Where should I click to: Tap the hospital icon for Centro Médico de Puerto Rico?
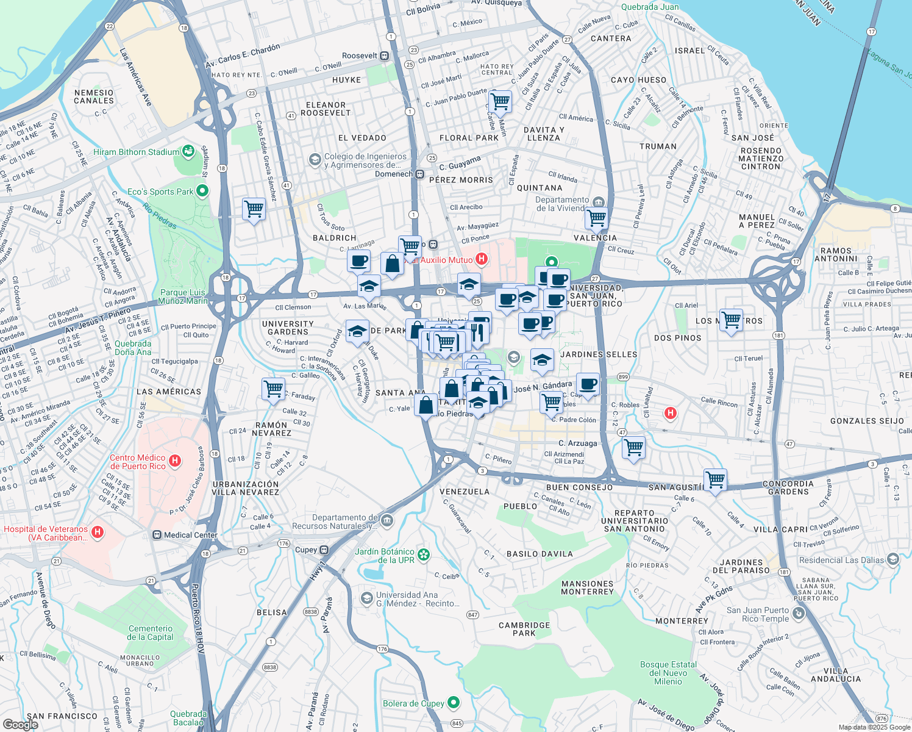point(175,461)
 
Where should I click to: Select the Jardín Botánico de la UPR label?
point(385,556)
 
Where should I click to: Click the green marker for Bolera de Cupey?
point(453,703)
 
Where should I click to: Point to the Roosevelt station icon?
point(385,56)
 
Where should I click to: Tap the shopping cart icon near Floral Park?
point(500,101)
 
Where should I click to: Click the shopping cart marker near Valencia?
point(596,218)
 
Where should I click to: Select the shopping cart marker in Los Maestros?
point(731,320)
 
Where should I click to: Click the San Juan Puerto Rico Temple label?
point(758,614)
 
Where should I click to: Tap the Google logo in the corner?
point(20,724)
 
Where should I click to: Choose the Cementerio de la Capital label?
point(151,633)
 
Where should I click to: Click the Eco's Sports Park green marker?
point(202,191)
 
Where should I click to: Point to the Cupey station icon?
point(324,550)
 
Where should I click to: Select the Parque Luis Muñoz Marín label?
point(182,296)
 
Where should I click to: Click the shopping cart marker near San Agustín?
point(715,479)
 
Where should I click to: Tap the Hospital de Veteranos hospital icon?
point(97,533)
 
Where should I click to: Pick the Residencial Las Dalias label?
point(841,560)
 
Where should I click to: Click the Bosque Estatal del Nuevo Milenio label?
point(668,673)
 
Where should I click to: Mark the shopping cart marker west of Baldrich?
point(254,209)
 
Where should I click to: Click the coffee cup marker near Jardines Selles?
point(588,385)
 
